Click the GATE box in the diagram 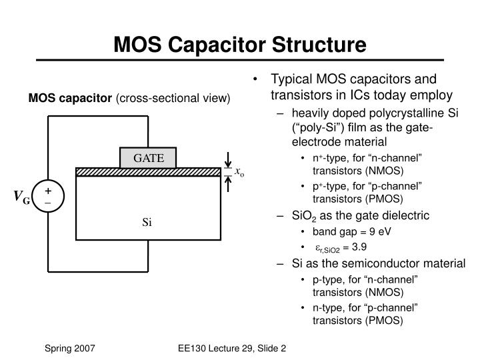click(x=147, y=158)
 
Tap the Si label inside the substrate click(x=147, y=221)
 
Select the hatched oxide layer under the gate click(x=147, y=171)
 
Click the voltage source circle click(x=49, y=197)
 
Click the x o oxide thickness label click(x=240, y=172)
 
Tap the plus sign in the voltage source click(x=49, y=191)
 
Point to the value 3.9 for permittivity click(x=377, y=247)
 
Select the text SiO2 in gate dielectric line click(x=305, y=215)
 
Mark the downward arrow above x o click(x=228, y=159)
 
